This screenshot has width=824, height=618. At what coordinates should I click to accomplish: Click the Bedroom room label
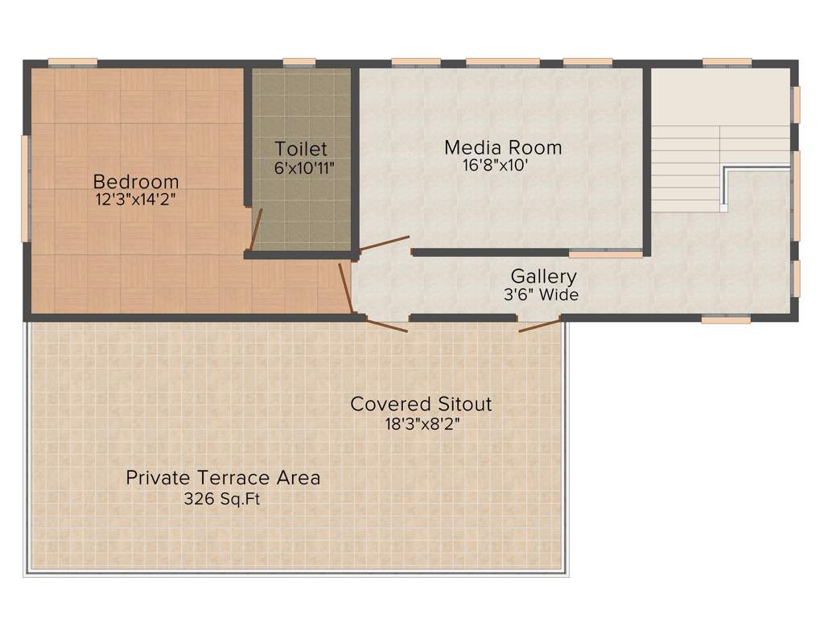(135, 181)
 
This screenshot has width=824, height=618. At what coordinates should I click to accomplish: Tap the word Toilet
(301, 149)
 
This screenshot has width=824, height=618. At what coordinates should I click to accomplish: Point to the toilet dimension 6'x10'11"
(303, 167)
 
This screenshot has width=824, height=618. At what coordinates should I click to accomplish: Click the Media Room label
(503, 147)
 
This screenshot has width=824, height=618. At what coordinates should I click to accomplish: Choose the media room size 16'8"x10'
(496, 166)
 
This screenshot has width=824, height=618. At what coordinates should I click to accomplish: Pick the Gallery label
(543, 277)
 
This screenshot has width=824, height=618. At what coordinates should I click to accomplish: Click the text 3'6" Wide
(541, 295)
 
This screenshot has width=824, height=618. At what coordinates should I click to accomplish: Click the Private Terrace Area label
(223, 478)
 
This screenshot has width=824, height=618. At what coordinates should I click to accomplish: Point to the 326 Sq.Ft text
(222, 499)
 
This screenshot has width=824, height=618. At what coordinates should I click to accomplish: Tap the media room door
(384, 243)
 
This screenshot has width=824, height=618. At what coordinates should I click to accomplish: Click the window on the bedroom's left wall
(25, 188)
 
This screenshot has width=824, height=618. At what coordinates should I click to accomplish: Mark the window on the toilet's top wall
(299, 63)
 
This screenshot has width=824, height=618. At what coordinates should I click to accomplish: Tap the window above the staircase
(726, 63)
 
